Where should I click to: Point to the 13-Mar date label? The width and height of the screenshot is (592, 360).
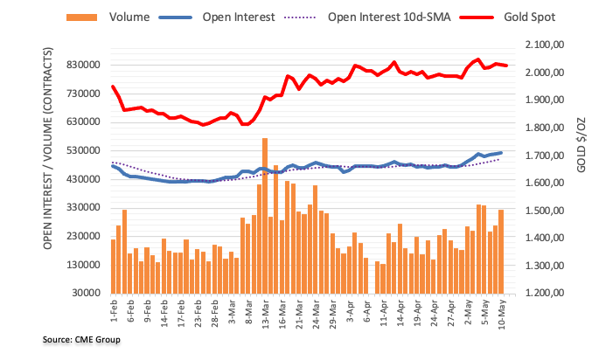(x=260, y=313)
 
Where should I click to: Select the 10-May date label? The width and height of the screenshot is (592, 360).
(x=498, y=313)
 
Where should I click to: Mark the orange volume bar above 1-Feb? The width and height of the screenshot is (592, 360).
(x=113, y=266)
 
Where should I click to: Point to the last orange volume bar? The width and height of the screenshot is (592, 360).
(x=501, y=251)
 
